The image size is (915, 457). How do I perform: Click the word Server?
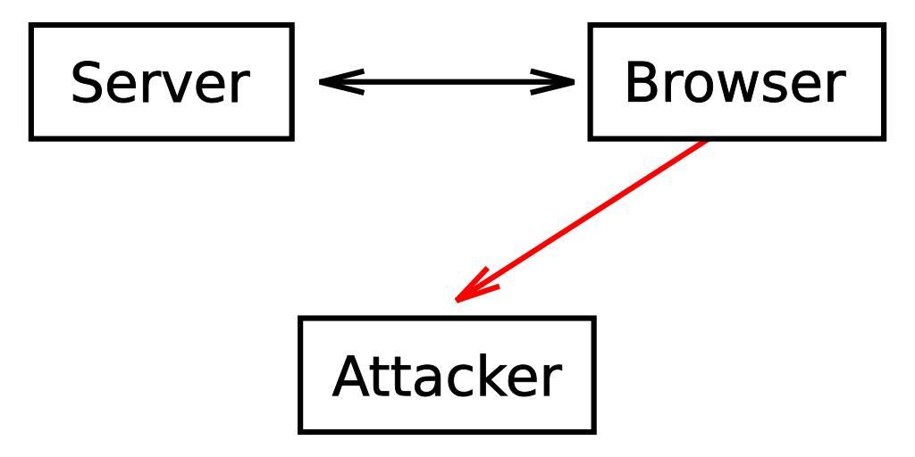pyautogui.click(x=158, y=83)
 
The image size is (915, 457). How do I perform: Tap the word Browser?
pyautogui.click(x=734, y=83)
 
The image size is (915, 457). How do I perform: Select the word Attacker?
pyautogui.click(x=446, y=376)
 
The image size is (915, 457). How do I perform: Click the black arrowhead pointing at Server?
pyautogui.click(x=331, y=83)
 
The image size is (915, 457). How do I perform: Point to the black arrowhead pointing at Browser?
pyautogui.click(x=563, y=83)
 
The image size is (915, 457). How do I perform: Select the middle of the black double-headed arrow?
pyautogui.click(x=447, y=83)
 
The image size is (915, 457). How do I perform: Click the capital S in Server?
pyautogui.click(x=88, y=83)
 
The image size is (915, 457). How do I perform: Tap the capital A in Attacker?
pyautogui.click(x=351, y=376)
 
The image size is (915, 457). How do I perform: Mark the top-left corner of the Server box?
pyautogui.click(x=31, y=26)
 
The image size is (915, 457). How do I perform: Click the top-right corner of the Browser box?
pyautogui.click(x=884, y=26)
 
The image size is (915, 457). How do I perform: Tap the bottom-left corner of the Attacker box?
pyautogui.click(x=300, y=431)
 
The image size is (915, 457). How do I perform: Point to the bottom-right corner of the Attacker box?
pyautogui.click(x=593, y=431)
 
